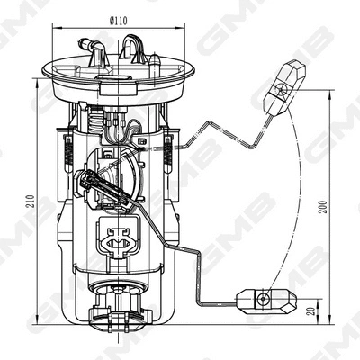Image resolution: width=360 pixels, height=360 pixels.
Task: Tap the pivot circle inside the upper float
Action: pos(282,88)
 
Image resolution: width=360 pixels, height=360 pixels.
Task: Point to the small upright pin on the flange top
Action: pos(155,62)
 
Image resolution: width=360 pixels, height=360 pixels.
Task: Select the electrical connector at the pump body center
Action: pos(117,238)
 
